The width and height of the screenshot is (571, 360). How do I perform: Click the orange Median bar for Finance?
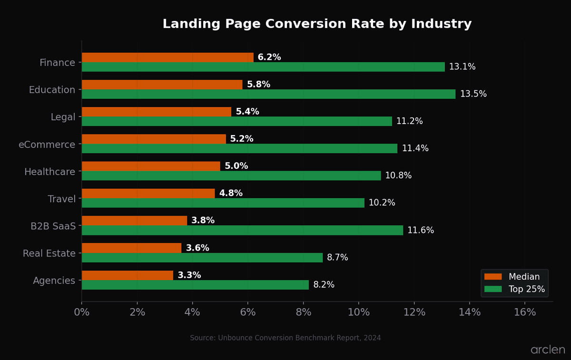coord(167,58)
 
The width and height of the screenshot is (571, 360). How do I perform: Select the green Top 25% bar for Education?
coord(268,94)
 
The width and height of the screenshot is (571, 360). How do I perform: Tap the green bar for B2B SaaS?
coord(242,230)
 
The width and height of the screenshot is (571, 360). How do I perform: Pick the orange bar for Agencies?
coord(128,275)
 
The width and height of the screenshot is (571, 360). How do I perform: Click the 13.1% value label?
coord(462,67)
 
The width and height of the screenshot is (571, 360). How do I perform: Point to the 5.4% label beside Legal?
coord(247,112)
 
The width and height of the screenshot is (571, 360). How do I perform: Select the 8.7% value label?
coord(337,258)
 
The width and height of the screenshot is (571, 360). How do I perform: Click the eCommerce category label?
coord(47,145)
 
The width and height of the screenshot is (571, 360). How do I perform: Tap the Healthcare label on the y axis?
coord(49,172)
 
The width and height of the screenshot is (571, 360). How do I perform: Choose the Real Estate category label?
coord(49,253)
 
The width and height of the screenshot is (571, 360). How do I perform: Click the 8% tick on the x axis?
coord(304,312)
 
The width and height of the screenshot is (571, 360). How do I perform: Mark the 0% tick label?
coord(82,312)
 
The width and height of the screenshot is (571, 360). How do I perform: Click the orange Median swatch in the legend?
coord(493,277)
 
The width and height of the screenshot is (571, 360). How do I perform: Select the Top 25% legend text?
coord(527,289)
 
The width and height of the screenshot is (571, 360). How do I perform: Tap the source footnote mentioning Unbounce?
coord(285,338)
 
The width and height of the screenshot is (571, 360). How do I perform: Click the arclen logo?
coord(548,350)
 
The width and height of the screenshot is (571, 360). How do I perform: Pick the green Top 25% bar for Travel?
coord(223,203)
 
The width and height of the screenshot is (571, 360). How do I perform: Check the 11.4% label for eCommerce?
coord(415,148)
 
